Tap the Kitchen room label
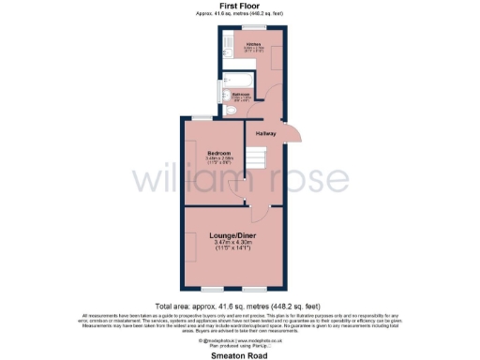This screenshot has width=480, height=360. pyautogui.click(x=252, y=43)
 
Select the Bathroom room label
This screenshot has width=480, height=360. pyautogui.click(x=240, y=95)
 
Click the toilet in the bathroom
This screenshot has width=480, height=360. pyautogui.click(x=232, y=111)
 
